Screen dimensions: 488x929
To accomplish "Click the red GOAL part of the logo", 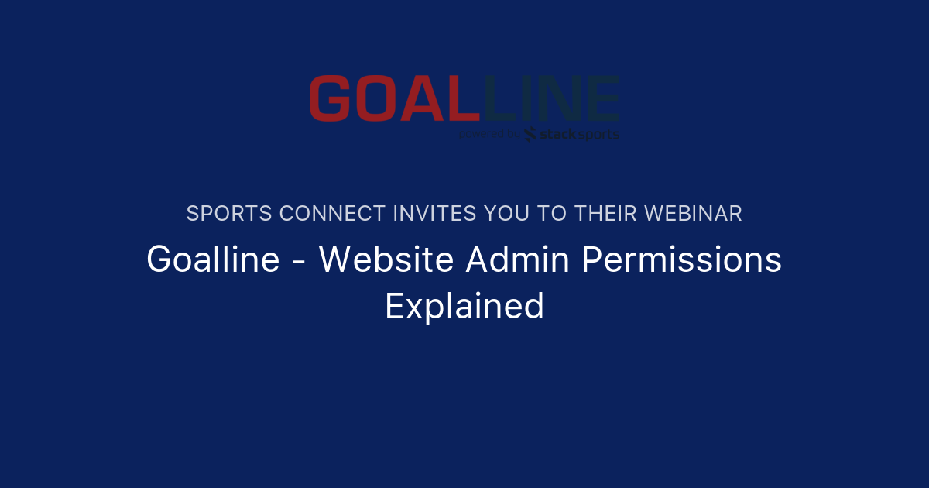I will pos(391,98).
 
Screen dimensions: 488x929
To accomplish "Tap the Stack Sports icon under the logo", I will pos(530,135).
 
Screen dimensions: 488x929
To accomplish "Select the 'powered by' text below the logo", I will pos(489,135).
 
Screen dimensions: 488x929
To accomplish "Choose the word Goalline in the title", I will pos(213,259).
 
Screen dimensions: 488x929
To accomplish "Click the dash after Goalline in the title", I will pos(299,262).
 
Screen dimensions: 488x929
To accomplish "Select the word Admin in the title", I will pos(518,259).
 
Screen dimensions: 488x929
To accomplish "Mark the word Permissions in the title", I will pos(681,259).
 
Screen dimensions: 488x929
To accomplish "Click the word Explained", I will pos(464,306).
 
